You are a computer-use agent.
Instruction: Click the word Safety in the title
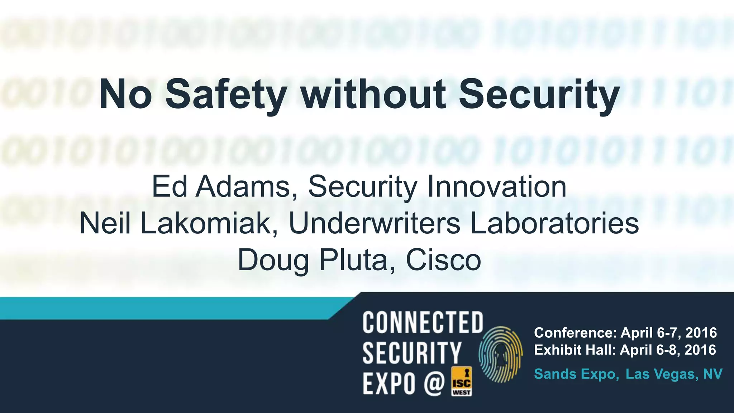(226, 94)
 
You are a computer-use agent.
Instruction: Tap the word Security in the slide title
(539, 94)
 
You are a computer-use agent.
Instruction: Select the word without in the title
(373, 94)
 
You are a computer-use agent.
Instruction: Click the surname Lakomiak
(210, 223)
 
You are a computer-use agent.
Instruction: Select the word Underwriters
(374, 223)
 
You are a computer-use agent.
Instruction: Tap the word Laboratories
(554, 223)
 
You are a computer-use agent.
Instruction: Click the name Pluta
(353, 260)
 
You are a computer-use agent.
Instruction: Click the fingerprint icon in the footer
(501, 355)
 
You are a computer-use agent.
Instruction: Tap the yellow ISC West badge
(462, 381)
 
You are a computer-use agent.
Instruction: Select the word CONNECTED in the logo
(423, 322)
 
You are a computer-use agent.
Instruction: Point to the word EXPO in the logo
(389, 383)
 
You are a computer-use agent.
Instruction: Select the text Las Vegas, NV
(674, 374)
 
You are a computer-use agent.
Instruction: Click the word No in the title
(125, 94)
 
